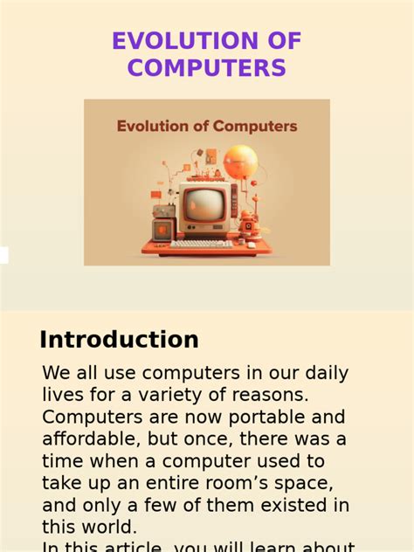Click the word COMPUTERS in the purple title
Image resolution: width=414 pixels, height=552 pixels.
click(x=206, y=68)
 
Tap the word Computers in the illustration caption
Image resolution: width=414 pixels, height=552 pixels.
click(x=252, y=126)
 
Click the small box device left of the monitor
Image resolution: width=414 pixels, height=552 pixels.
click(x=162, y=229)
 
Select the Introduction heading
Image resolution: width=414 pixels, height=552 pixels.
click(x=119, y=340)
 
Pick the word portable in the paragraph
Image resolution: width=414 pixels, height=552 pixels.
click(x=249, y=417)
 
